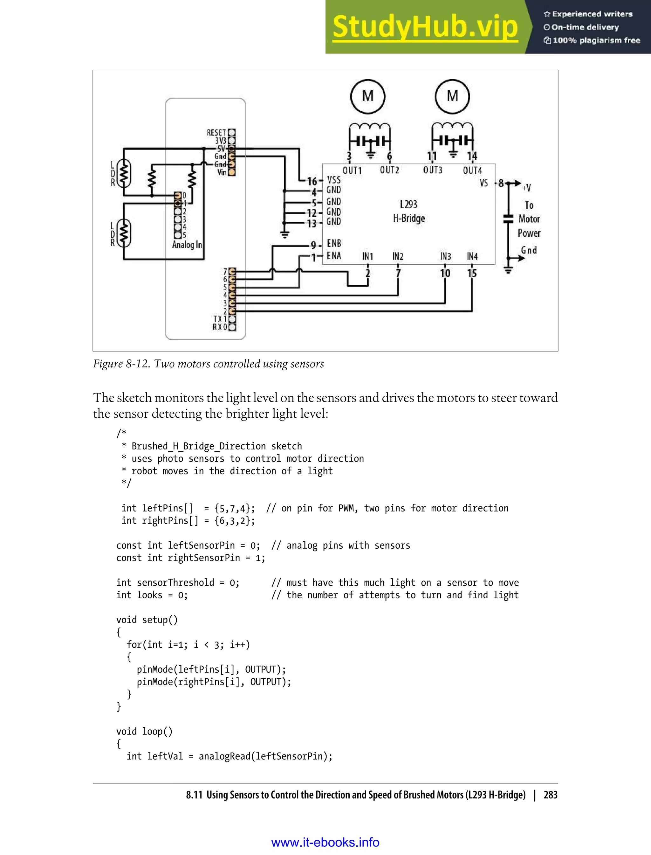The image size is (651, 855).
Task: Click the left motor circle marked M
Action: point(367,96)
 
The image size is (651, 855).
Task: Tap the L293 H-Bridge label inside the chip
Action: point(408,211)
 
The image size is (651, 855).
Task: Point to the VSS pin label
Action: point(334,179)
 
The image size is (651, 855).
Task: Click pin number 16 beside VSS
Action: point(312,181)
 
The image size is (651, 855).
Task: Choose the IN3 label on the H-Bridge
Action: point(445,256)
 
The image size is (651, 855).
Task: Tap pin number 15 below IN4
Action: point(472,273)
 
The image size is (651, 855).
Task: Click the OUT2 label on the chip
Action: point(389,170)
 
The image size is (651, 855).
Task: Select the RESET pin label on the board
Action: point(216,133)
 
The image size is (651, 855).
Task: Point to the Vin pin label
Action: point(222,172)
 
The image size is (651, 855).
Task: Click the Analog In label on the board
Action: point(187,245)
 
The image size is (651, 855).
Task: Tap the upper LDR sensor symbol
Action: point(124,173)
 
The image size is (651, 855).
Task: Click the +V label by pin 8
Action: point(526,188)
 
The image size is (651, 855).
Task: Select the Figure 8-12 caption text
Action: point(208,364)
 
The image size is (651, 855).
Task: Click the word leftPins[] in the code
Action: point(168,508)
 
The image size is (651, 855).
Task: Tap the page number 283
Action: point(550,795)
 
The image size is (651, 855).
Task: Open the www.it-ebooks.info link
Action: point(325,842)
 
